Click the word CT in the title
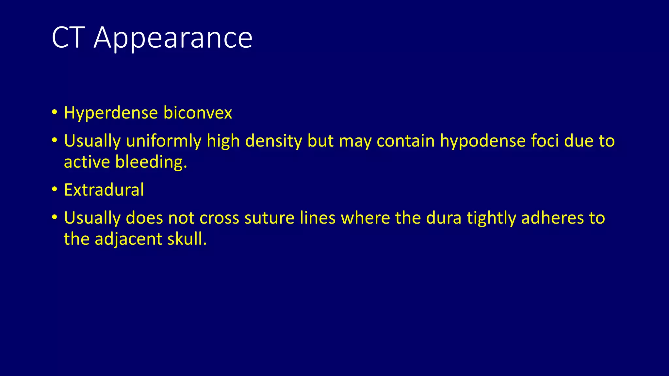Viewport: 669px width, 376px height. [x=68, y=38]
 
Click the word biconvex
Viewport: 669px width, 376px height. [x=198, y=113]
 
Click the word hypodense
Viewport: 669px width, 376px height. [x=483, y=142]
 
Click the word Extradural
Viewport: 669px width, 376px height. [x=104, y=190]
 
